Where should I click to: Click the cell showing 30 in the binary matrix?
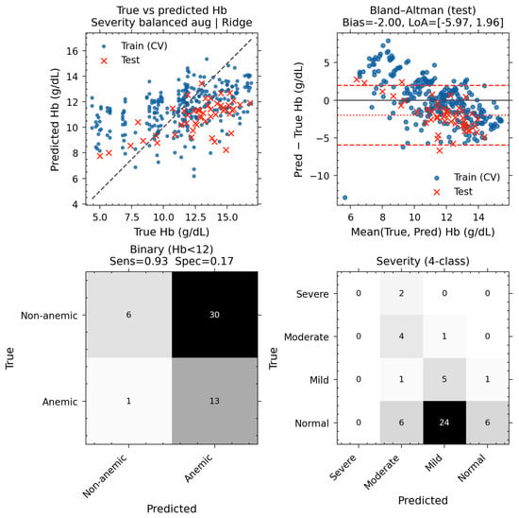point(214,315)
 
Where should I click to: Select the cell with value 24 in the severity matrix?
point(444,423)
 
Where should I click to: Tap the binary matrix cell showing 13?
point(214,401)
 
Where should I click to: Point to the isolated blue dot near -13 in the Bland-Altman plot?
point(344,198)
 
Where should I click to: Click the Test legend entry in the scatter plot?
point(122,60)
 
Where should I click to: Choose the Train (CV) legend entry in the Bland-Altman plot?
point(467,178)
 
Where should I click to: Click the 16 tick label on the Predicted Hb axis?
point(73,51)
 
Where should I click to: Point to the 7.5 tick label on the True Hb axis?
point(132,217)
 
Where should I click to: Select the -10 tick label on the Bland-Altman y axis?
point(321,176)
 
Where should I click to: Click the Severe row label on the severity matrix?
point(312,294)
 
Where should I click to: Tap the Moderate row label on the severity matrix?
point(307,337)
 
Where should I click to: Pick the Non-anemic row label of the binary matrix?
point(49,316)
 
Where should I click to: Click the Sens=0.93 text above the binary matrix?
point(139,261)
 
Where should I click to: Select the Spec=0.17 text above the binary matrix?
point(204,261)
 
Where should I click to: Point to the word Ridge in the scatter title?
point(237,23)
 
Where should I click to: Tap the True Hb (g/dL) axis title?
point(172,232)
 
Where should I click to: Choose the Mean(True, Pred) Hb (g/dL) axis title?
point(423,232)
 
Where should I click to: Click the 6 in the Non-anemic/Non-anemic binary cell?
point(128,315)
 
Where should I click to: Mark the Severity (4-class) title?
point(423,261)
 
